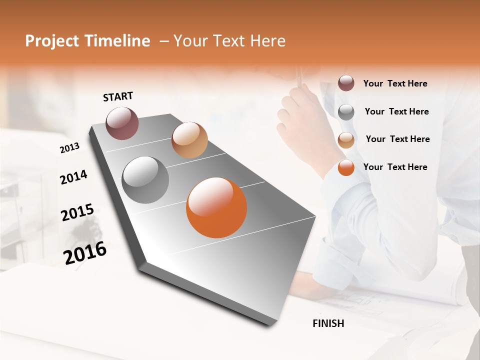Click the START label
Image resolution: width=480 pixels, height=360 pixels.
[x=118, y=96]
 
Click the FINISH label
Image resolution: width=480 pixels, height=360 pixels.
[x=328, y=323]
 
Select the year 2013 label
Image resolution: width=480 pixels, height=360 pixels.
[x=69, y=148]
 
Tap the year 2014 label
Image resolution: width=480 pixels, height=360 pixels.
[x=73, y=177]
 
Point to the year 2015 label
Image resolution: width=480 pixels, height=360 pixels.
[x=77, y=212]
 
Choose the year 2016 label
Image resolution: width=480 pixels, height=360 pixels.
[x=85, y=252]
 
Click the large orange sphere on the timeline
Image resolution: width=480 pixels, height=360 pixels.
[x=216, y=207]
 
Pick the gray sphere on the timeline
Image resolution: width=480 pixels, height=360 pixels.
[x=145, y=180]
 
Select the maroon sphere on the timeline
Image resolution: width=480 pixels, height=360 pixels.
[x=122, y=123]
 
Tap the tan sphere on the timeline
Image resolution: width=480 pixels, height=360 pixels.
[x=189, y=140]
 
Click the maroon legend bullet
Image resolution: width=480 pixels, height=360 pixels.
[x=346, y=83]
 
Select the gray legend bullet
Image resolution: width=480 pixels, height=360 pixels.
[x=346, y=112]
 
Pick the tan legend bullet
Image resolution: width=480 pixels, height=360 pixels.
[x=346, y=140]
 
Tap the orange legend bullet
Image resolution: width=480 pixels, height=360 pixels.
[x=346, y=168]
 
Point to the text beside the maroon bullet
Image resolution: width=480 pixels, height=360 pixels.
[x=395, y=83]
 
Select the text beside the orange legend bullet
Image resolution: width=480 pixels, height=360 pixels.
[x=395, y=167]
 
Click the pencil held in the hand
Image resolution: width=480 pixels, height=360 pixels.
[x=299, y=77]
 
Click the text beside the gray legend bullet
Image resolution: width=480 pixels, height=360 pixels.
[x=396, y=111]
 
